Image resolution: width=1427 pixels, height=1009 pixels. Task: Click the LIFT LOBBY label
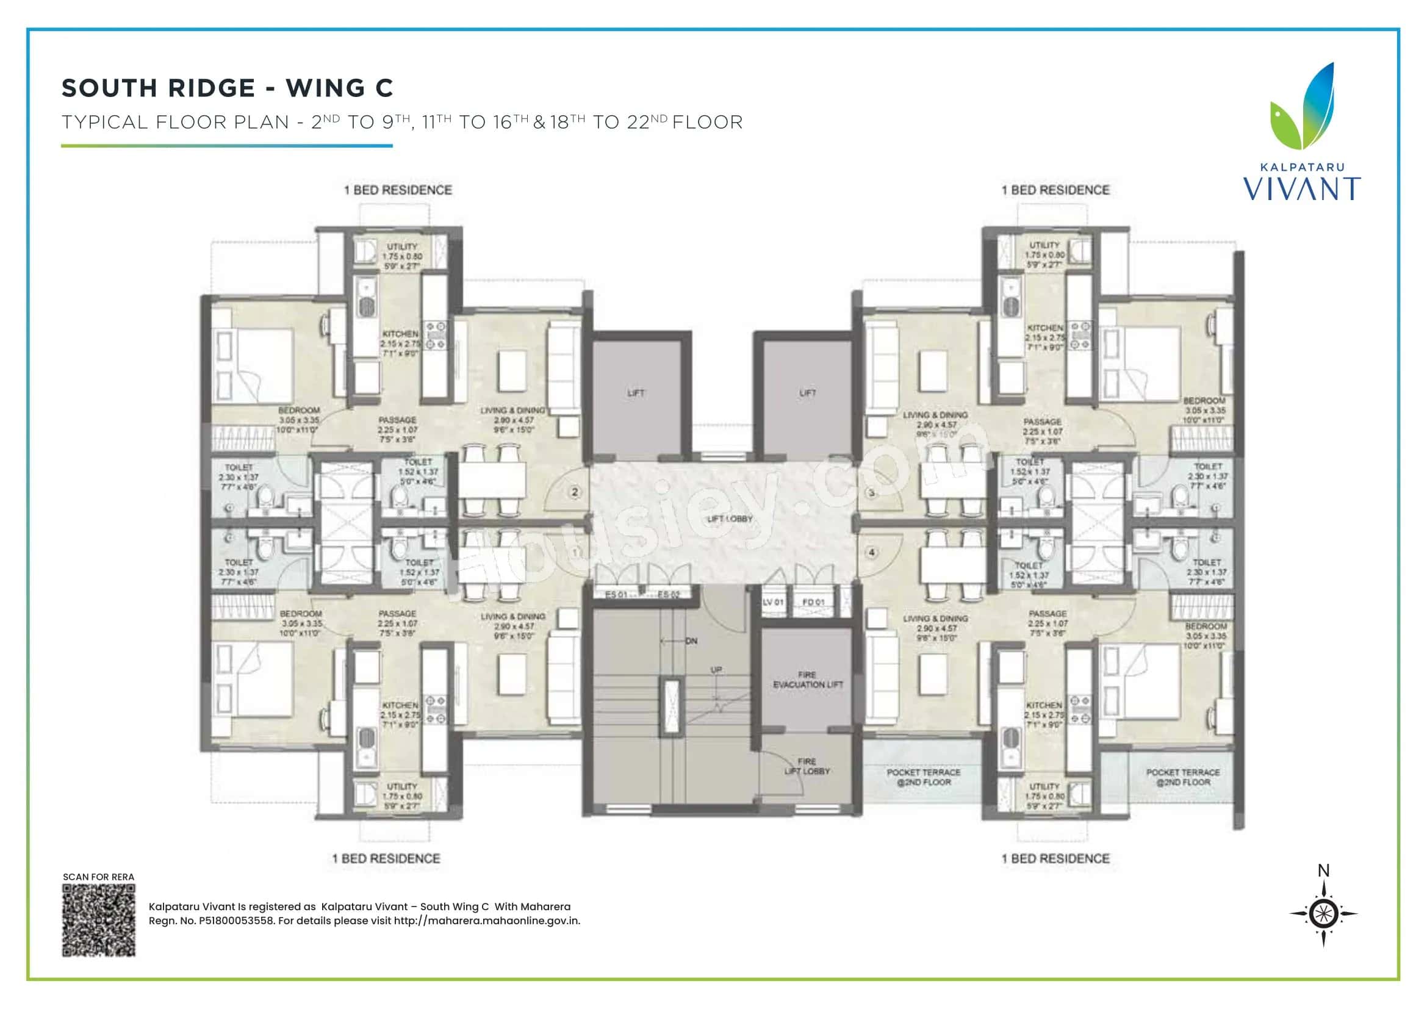click(730, 518)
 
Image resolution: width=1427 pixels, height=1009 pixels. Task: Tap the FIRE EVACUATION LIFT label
click(808, 679)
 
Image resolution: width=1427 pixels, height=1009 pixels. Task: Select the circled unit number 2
click(575, 492)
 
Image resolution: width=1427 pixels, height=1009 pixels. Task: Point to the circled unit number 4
click(872, 551)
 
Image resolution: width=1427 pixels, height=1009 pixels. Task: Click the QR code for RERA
click(99, 920)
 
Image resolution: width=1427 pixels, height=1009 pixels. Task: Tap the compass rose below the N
click(1323, 913)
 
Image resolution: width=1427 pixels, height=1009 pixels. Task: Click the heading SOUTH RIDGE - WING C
click(228, 88)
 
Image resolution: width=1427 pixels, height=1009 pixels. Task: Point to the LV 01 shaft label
click(772, 602)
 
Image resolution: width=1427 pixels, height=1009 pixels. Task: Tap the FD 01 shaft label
click(813, 602)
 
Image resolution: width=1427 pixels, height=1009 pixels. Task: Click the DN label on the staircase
click(691, 641)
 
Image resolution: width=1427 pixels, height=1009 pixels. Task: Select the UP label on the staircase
click(716, 670)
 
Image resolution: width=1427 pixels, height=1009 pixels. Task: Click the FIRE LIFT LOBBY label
click(807, 766)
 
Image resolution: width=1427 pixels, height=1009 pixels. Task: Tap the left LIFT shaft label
click(636, 393)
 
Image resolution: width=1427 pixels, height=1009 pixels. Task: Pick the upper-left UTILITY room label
click(402, 246)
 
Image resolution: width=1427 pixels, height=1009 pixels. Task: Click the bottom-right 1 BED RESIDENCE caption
click(1055, 859)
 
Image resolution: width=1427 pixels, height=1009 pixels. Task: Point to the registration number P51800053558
click(237, 921)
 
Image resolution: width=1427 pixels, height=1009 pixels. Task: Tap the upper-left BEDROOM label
click(299, 410)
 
